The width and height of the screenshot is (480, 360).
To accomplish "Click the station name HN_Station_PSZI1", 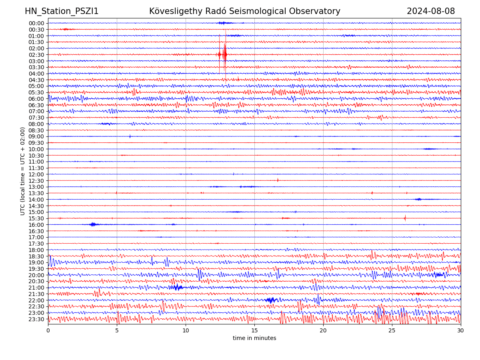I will [x=62, y=11].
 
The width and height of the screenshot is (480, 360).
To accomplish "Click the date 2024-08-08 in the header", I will [x=431, y=11].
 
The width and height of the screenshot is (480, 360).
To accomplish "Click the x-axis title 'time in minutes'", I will [x=254, y=338].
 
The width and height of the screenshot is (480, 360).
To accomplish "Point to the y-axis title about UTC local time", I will [x=23, y=171].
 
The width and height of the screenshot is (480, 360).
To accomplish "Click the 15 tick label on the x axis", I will [x=254, y=331].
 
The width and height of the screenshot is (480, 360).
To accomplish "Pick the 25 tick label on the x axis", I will [x=392, y=331].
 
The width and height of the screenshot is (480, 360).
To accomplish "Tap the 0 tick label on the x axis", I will [x=48, y=331].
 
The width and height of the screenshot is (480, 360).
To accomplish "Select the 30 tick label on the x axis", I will [x=461, y=331].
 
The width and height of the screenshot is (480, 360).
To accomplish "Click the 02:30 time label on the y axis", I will [x=36, y=55].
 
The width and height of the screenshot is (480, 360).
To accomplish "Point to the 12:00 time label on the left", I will [x=36, y=174].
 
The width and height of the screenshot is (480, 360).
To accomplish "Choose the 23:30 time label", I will [x=36, y=319].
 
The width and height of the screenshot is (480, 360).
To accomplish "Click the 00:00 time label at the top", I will [x=36, y=23].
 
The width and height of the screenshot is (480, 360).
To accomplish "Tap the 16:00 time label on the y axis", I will [x=36, y=225].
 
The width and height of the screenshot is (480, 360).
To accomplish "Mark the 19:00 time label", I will [x=36, y=262].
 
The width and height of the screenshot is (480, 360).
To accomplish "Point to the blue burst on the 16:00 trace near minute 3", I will [x=93, y=224].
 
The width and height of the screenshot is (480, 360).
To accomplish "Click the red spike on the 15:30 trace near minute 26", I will [x=405, y=218].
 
